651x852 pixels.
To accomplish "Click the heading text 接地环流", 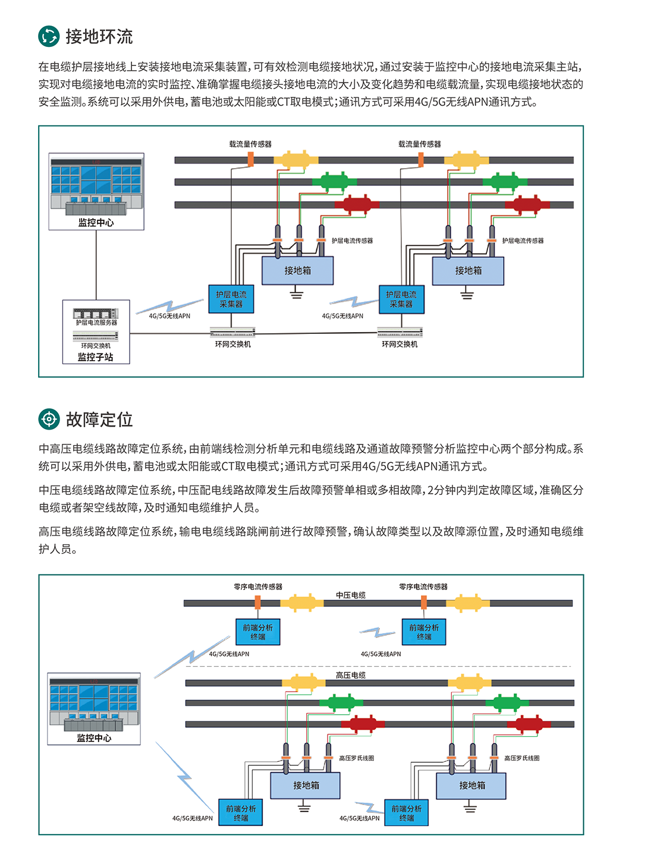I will [x=99, y=37].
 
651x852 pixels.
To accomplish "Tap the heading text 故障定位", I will [x=99, y=419].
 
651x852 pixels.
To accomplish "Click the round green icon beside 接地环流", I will [x=49, y=36].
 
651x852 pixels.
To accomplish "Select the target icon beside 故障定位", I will [x=49, y=419].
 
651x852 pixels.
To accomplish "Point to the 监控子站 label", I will [x=95, y=357].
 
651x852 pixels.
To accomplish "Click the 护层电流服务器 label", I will [x=96, y=323].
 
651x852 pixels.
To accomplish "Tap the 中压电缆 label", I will [x=351, y=595].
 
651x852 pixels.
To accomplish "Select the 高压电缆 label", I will [x=351, y=675].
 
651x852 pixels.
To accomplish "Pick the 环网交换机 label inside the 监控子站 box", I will [x=96, y=345].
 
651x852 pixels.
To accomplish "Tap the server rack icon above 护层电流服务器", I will [x=95, y=313].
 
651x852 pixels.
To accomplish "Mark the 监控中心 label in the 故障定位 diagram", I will [x=94, y=738].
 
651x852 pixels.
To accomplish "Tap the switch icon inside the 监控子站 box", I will [x=96, y=337].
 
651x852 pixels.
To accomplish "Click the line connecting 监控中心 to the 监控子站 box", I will [x=96, y=265].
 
